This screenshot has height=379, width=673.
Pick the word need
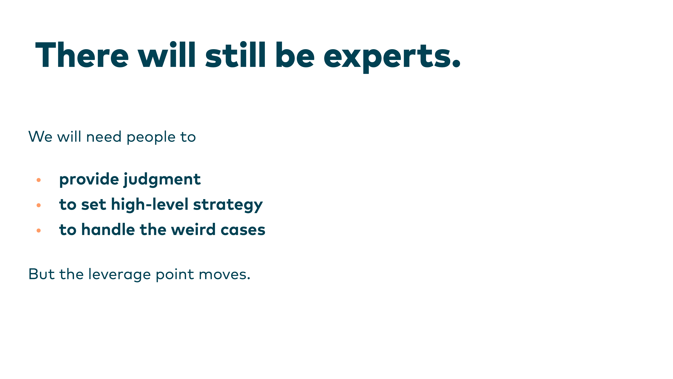coord(104,137)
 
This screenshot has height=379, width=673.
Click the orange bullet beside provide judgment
coord(39,180)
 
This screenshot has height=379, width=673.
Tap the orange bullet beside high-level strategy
coord(39,205)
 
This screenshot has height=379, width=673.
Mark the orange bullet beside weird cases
coord(39,230)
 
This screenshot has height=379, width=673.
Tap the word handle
coord(108,229)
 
